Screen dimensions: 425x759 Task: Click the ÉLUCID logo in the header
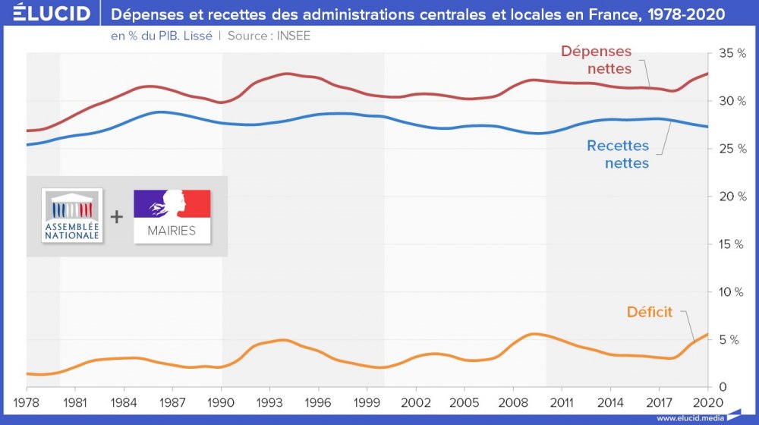point(46,14)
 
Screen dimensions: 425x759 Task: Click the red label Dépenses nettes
point(596,60)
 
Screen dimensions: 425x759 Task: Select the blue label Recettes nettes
point(618,154)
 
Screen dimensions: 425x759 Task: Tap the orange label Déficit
point(650,312)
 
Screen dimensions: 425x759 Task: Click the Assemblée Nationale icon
point(72,216)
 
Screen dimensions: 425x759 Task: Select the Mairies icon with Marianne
point(172,216)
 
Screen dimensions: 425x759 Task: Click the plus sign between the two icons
point(116,216)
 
